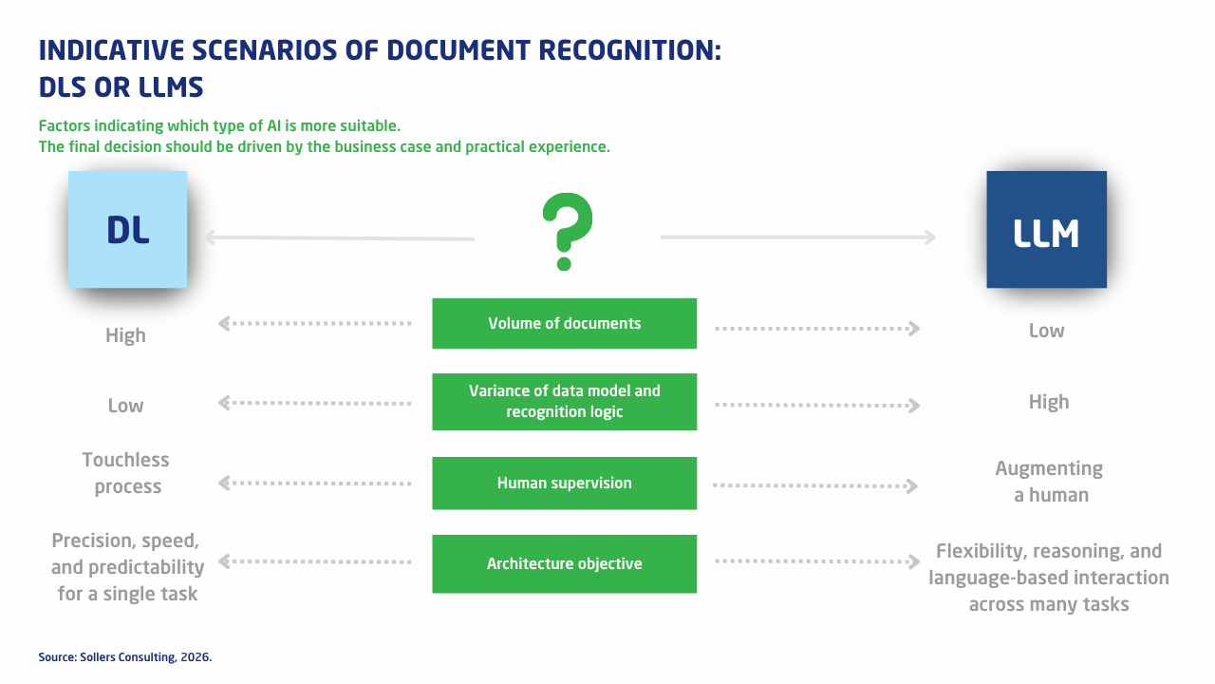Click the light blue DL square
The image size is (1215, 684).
pos(127,229)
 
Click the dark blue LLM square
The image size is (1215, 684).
pos(1046,229)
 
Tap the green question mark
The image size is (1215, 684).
pos(567,231)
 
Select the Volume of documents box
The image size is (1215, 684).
pos(564,323)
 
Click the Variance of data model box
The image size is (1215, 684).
pos(564,402)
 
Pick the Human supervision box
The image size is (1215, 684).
pos(564,484)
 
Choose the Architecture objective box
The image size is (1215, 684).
pos(564,563)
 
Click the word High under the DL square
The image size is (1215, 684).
pos(125,335)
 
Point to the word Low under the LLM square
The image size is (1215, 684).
pos(1046,331)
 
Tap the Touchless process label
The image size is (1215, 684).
pos(126,473)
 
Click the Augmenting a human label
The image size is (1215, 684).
pos(1050,482)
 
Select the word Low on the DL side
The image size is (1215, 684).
pos(125,406)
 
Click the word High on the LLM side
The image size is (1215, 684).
pos(1049,402)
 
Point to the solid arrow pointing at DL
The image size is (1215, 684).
pos(339,237)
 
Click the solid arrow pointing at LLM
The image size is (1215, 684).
pos(798,237)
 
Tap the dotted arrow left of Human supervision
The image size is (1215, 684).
pos(314,484)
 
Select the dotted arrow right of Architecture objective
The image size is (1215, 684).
pos(817,560)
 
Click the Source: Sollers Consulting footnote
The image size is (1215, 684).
pos(124,656)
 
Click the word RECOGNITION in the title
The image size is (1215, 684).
pos(629,50)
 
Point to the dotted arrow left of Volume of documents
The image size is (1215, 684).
pos(314,324)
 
